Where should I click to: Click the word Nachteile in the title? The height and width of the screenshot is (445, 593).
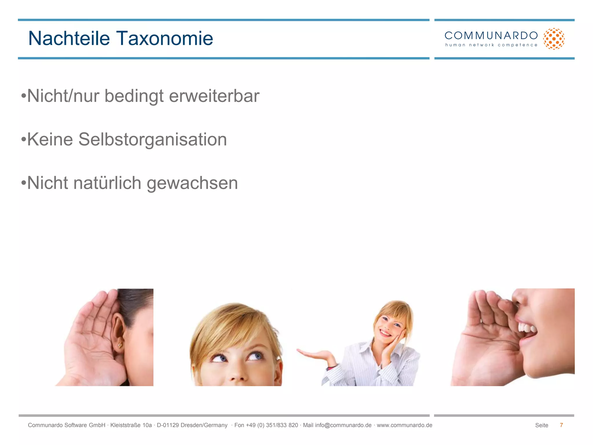[69, 38]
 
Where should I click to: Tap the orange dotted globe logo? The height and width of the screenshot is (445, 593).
[554, 39]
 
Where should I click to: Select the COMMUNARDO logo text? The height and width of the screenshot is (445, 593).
[491, 36]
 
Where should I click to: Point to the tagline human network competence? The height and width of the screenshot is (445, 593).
[491, 45]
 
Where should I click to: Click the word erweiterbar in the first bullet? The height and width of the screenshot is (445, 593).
[214, 96]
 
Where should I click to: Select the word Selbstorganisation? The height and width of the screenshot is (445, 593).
[153, 140]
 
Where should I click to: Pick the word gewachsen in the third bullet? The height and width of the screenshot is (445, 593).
[192, 183]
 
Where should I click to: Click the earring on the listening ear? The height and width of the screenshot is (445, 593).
[120, 345]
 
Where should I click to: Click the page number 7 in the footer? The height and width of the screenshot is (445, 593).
[561, 425]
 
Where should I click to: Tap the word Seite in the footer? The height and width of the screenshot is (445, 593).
[541, 425]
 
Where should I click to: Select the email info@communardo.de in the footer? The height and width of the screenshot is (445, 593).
[343, 425]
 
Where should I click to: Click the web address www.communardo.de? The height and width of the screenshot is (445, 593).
[404, 425]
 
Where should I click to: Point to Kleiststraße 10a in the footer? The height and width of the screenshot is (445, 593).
[131, 425]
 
